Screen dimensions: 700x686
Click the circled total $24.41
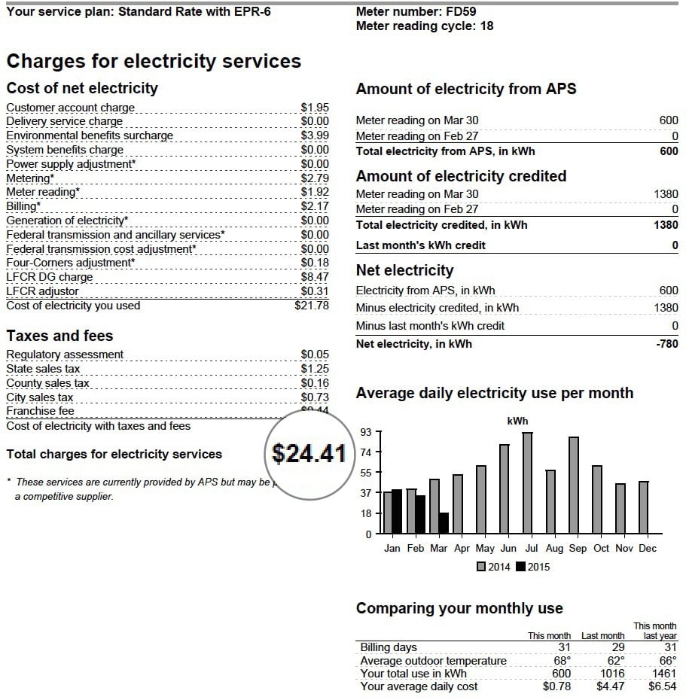[309, 453]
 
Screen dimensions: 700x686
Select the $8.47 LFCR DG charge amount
[315, 277]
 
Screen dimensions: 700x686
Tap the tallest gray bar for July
[527, 482]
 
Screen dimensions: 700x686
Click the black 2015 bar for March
[444, 523]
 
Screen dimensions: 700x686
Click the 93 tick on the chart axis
[367, 431]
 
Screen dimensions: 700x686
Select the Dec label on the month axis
[648, 548]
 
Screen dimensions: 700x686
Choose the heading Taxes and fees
[59, 336]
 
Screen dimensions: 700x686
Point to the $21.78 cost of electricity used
[311, 306]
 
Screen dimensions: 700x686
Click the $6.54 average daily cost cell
[662, 686]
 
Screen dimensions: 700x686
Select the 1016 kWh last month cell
[609, 674]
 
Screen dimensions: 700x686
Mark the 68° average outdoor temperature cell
[563, 661]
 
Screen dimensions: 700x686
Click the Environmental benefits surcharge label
[90, 135]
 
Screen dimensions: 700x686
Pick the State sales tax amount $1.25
[315, 369]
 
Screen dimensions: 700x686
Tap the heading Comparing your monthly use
[459, 608]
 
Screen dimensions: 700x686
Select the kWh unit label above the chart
[517, 421]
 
